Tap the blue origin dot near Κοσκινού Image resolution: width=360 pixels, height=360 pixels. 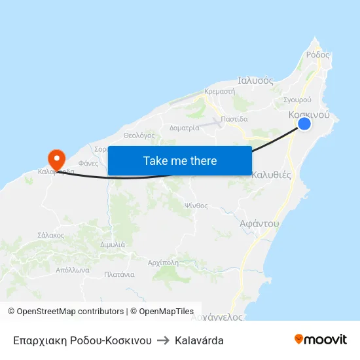[x=304, y=124]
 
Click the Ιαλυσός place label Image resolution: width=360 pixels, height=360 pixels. [x=255, y=81]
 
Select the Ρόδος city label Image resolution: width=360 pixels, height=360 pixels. [x=317, y=55]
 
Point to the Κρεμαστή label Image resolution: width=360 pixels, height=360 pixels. [x=219, y=92]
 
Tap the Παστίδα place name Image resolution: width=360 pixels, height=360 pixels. [x=234, y=119]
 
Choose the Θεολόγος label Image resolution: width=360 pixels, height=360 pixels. [x=138, y=135]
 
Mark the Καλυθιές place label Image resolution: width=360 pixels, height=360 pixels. [x=272, y=175]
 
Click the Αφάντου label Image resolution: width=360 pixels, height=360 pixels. [x=259, y=223]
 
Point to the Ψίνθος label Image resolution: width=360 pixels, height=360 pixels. [x=196, y=205]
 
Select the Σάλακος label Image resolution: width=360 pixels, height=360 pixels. [x=50, y=234]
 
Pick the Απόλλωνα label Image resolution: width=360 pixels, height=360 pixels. [x=72, y=269]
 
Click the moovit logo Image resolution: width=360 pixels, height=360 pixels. [x=320, y=339]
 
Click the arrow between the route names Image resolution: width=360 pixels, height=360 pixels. [x=163, y=340]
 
